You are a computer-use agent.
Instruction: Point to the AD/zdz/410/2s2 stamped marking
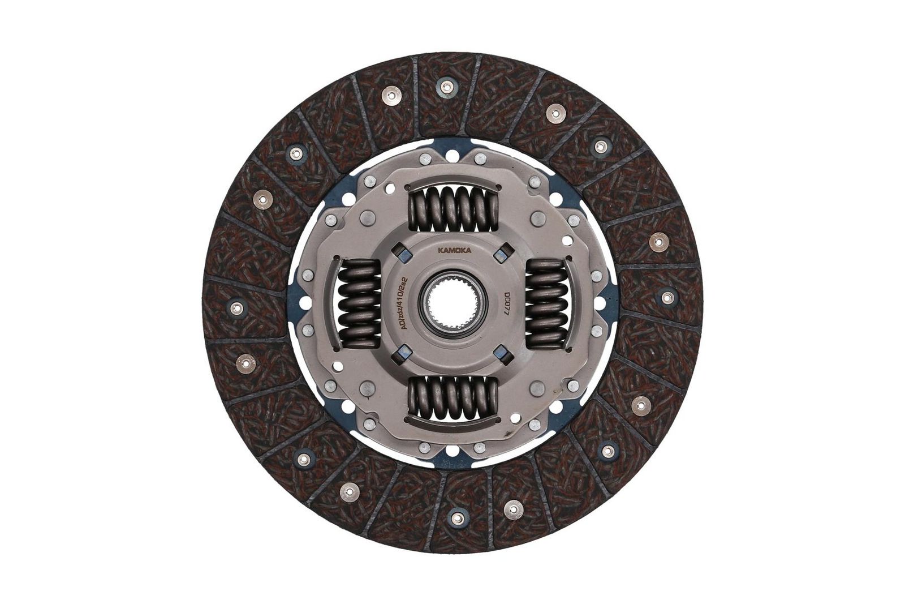point(401,302)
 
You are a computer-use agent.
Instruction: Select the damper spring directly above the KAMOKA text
point(453,209)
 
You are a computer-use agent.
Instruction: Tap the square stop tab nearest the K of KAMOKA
point(403,251)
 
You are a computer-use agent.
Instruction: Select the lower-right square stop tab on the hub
point(499,354)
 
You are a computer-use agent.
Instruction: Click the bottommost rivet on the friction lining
point(455,516)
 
